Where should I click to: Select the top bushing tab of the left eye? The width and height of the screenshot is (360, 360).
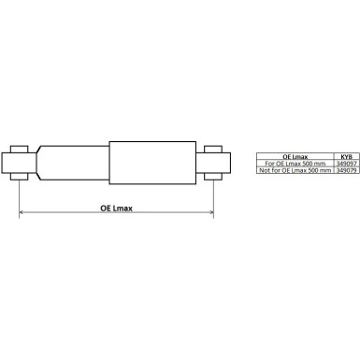coord(20,147)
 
